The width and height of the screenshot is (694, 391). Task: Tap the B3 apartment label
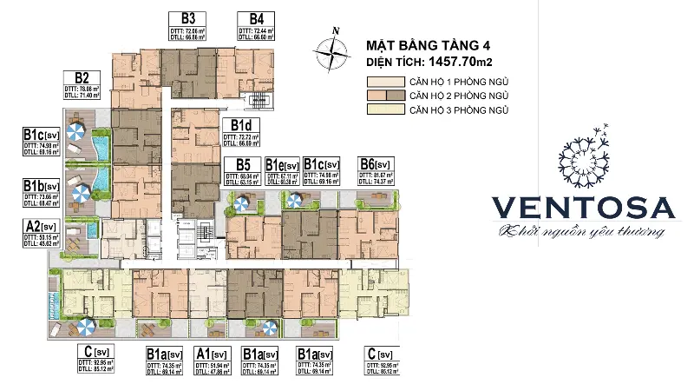[187, 18]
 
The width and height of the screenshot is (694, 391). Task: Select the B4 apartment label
[256, 18]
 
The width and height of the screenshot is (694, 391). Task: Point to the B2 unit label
[83, 77]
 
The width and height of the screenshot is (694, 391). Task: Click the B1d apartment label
[240, 125]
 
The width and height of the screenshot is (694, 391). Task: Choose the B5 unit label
[242, 164]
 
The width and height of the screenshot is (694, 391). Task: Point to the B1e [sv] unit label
[282, 164]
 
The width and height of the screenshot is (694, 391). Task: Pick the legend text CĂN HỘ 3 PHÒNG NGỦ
[458, 109]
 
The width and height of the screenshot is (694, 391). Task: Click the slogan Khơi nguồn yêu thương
[576, 232]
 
